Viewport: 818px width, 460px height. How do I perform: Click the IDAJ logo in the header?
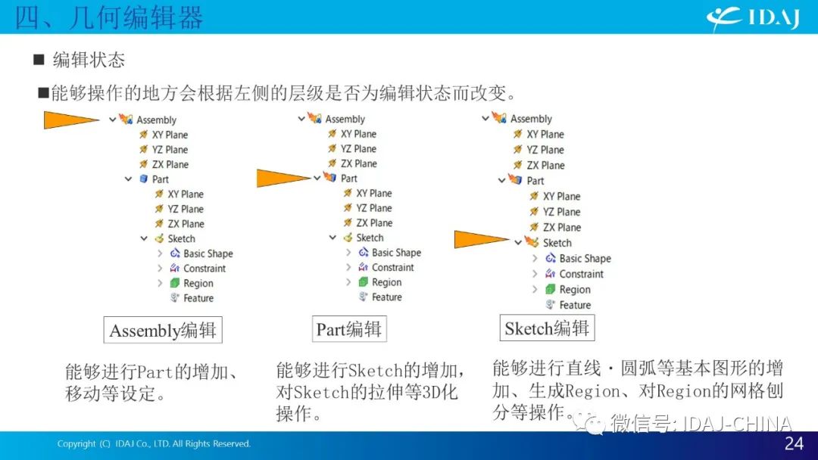coord(754,19)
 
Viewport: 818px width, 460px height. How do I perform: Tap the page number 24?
coord(794,443)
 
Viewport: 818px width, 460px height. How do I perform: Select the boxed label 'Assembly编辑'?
coord(163,330)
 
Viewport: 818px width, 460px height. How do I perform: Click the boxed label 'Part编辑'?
coord(349,328)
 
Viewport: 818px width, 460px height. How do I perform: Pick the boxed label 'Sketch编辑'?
coord(547,328)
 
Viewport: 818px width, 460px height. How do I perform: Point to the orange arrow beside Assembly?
coord(71,120)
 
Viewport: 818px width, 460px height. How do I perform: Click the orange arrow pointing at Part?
coord(284,178)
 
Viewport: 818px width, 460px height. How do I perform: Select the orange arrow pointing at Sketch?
coord(482,239)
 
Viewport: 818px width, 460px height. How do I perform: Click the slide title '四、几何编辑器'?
coord(108,17)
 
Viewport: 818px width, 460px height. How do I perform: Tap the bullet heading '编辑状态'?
coord(89,60)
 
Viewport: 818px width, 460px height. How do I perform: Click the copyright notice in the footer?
coord(154,444)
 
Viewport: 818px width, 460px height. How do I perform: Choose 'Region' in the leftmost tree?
coord(198,284)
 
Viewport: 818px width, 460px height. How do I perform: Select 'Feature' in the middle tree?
coord(386,297)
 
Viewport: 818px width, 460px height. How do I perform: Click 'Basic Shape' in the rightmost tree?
coord(585,259)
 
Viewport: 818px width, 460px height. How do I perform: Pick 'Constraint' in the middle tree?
coord(393,267)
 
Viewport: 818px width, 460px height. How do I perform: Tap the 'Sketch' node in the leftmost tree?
coord(182,238)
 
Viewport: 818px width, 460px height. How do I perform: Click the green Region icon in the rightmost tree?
coord(550,289)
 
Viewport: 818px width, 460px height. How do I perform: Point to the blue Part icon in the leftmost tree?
coord(143,179)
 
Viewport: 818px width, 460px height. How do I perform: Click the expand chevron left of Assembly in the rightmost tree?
coord(485,119)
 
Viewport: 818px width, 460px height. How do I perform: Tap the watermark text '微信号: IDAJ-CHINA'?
coord(701,424)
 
